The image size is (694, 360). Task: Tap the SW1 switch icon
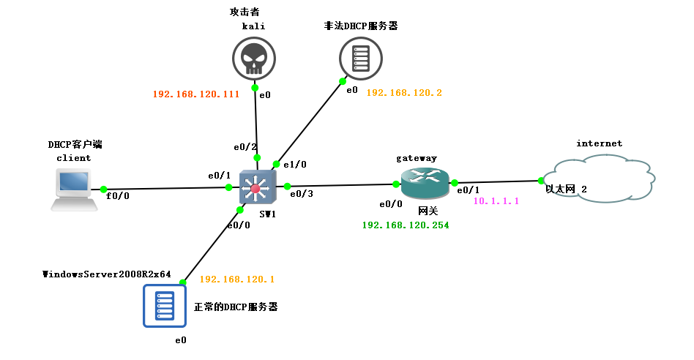tap(255, 189)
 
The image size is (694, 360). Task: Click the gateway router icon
tap(424, 183)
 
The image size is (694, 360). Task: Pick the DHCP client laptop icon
tap(74, 190)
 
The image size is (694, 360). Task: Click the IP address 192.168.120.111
tap(196, 94)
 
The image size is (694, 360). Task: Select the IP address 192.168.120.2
tap(404, 93)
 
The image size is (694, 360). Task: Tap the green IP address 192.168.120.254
tap(405, 225)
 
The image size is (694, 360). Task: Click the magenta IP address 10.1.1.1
tap(496, 200)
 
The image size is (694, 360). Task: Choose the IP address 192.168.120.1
tap(236, 280)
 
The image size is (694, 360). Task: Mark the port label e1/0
tap(295, 165)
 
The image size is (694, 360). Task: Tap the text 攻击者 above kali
tap(245, 12)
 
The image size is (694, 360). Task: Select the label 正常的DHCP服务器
tap(235, 307)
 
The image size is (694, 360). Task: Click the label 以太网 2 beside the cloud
tap(566, 189)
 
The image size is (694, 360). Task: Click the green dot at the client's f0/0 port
tap(104, 189)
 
